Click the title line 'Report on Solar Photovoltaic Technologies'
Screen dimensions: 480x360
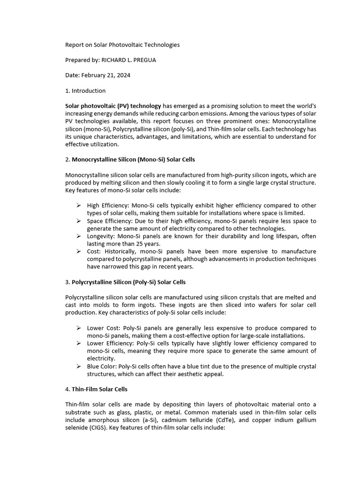pyautogui.click(x=122, y=45)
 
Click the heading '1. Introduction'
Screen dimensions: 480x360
pyautogui.click(x=85, y=90)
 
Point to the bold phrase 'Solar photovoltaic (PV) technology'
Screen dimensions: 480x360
pyautogui.click(x=113, y=106)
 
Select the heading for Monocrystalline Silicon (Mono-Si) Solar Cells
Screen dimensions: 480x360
pyautogui.click(x=133, y=159)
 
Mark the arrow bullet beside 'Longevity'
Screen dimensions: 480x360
pyautogui.click(x=79, y=236)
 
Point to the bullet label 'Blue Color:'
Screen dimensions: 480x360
pyautogui.click(x=102, y=367)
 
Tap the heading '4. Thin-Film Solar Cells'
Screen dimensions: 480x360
pyautogui.click(x=96, y=389)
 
